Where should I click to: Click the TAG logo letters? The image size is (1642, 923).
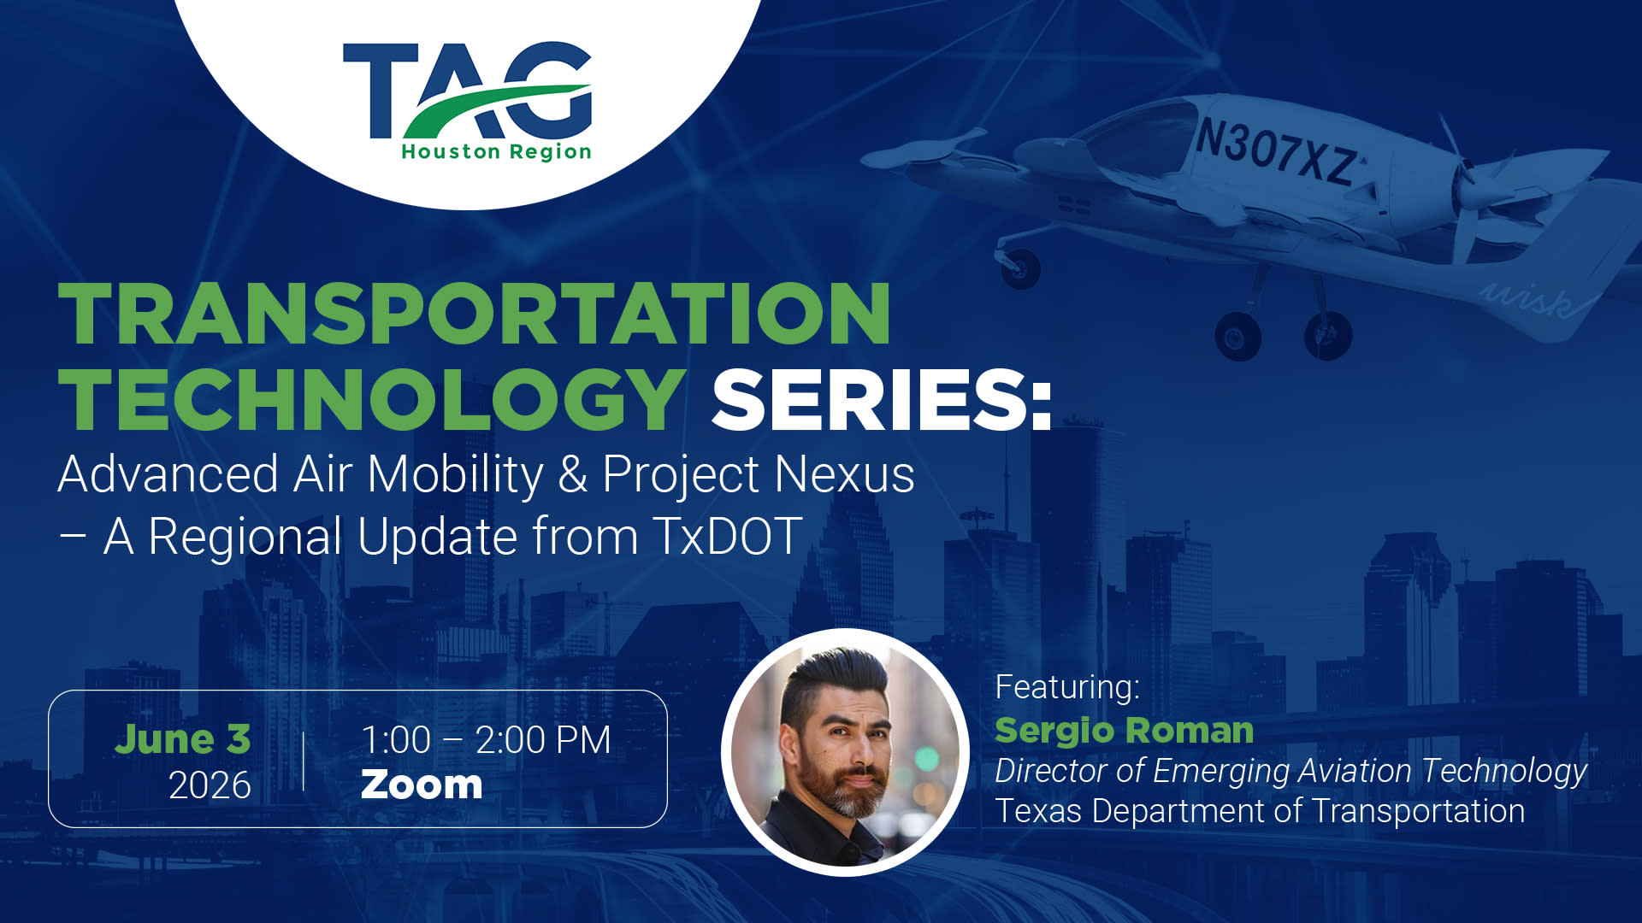pyautogui.click(x=467, y=91)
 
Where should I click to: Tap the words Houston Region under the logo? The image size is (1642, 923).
pyautogui.click(x=496, y=152)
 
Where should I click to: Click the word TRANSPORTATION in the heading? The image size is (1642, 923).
pyautogui.click(x=475, y=314)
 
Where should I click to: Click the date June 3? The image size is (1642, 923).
pyautogui.click(x=182, y=739)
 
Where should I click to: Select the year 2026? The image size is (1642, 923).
pyautogui.click(x=210, y=785)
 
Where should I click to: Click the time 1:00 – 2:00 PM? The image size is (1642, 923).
pyautogui.click(x=486, y=740)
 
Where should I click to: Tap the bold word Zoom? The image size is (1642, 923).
pyautogui.click(x=422, y=785)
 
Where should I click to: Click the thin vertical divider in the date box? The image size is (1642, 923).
pyautogui.click(x=304, y=761)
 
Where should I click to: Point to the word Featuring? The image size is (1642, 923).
pyautogui.click(x=1067, y=687)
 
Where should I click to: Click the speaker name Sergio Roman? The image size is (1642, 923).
pyautogui.click(x=1125, y=731)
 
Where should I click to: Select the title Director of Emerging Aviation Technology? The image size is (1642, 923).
pyautogui.click(x=1291, y=771)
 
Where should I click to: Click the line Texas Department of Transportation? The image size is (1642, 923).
pyautogui.click(x=1260, y=811)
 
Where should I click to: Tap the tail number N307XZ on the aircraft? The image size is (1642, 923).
pyautogui.click(x=1276, y=153)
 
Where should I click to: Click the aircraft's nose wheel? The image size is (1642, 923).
pyautogui.click(x=1019, y=267)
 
